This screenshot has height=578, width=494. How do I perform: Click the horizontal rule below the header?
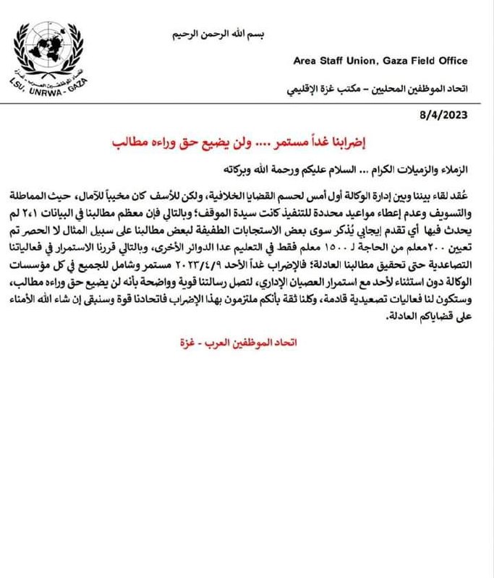247,103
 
